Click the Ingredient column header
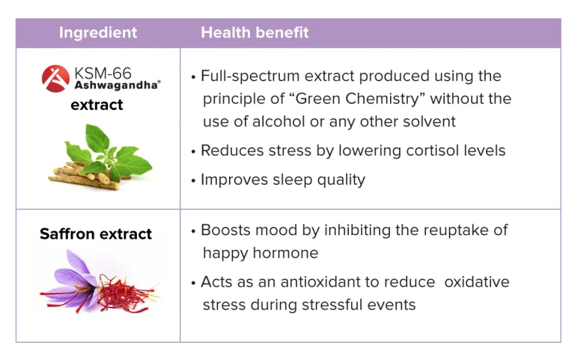click(x=98, y=33)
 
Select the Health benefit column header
click(x=255, y=33)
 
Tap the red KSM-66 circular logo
click(x=55, y=79)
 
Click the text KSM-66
click(x=103, y=73)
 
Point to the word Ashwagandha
click(x=117, y=85)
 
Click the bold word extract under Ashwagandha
click(x=97, y=105)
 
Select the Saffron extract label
click(x=96, y=234)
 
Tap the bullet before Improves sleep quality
click(x=193, y=181)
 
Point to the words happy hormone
click(x=261, y=253)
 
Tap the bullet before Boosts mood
click(x=193, y=232)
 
